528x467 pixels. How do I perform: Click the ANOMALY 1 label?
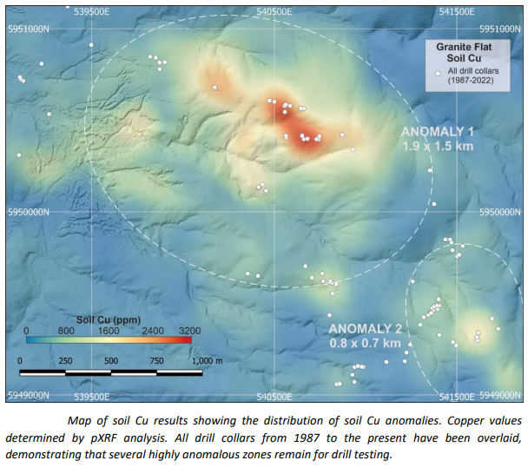pyautogui.click(x=437, y=132)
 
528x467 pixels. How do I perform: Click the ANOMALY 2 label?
pyautogui.click(x=365, y=329)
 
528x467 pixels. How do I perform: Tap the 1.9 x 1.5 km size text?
pyautogui.click(x=437, y=147)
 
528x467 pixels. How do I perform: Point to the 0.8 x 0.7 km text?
pyautogui.click(x=365, y=343)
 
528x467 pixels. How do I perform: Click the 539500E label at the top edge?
pyautogui.click(x=92, y=12)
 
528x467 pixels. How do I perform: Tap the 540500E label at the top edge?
pyautogui.click(x=274, y=12)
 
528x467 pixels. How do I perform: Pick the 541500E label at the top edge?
pyautogui.click(x=457, y=12)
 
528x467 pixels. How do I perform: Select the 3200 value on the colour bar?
pyautogui.click(x=189, y=331)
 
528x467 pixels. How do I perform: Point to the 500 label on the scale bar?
pyautogui.click(x=111, y=360)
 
